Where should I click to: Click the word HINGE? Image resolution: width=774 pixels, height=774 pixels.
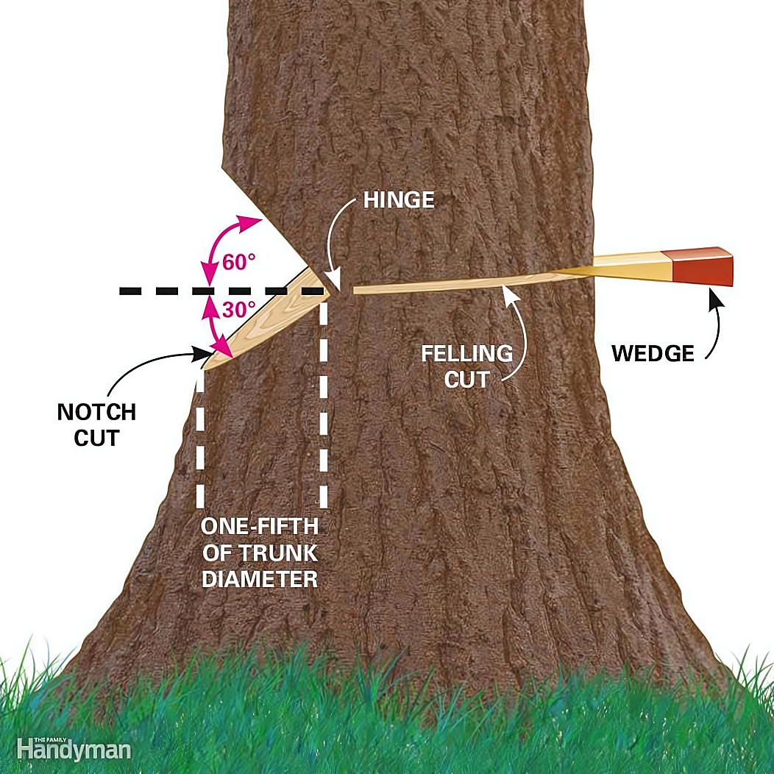398,200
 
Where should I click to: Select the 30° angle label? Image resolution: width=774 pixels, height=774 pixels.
238,310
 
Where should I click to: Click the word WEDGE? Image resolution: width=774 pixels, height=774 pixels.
653,353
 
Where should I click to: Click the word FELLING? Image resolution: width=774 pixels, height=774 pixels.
466,354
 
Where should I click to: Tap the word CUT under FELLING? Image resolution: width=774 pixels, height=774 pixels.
466,380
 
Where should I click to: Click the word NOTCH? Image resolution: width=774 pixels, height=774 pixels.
96,412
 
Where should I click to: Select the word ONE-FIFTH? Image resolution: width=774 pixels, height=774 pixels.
259,527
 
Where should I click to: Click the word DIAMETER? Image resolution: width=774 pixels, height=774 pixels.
259,578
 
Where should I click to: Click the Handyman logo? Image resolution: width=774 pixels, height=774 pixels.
74,749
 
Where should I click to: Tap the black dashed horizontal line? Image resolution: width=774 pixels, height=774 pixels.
221,292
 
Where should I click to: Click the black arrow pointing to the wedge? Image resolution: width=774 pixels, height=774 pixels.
711,324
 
